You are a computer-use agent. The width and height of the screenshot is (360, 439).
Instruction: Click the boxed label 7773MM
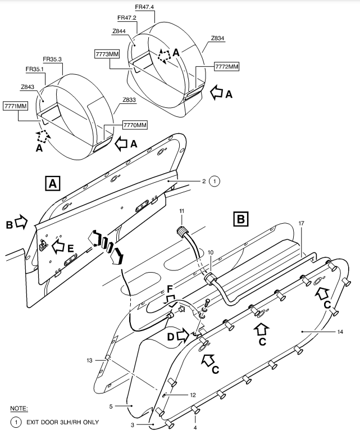coord(107,54)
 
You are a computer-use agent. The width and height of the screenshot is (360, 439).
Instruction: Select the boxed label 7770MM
coord(135,125)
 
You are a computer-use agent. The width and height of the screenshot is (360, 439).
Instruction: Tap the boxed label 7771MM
coord(16,106)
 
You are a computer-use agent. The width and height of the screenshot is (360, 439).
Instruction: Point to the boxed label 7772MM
coord(227,67)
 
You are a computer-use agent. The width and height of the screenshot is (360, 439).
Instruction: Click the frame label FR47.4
coord(144,7)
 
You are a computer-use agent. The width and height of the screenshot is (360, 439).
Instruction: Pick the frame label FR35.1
coord(35,69)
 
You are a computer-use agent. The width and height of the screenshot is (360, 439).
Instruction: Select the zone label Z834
coord(217,38)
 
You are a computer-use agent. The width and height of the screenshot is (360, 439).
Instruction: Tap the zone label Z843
coord(28,87)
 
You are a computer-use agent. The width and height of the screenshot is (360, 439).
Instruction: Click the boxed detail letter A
coord(53,183)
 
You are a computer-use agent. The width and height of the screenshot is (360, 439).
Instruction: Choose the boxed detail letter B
coord(241,219)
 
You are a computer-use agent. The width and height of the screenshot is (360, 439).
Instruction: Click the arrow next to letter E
coord(58,247)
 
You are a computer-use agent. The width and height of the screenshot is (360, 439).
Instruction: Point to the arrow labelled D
coord(183,335)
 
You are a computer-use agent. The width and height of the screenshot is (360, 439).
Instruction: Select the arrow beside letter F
coord(171,300)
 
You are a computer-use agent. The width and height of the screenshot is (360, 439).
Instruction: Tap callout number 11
coord(182,211)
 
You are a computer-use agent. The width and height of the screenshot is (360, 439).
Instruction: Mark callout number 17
coord(301,223)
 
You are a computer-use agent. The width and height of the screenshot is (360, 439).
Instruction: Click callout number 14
coord(340,332)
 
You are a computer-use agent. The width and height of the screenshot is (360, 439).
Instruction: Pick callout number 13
coord(89,360)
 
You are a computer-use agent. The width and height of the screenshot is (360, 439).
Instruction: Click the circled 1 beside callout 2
coord(215,181)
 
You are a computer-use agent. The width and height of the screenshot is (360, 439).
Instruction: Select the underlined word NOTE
coord(19,409)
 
